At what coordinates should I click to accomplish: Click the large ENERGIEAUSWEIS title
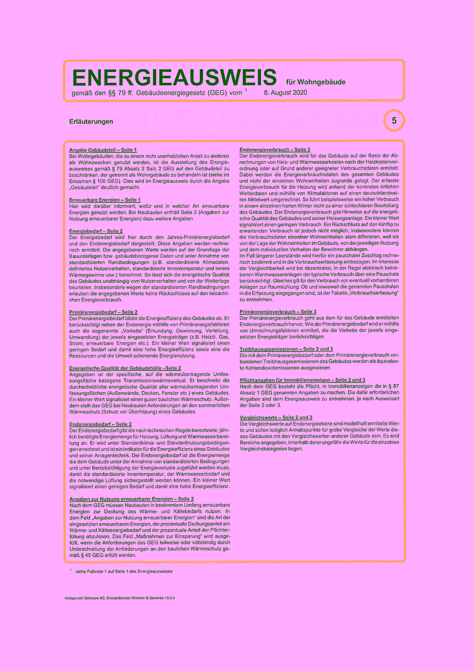(174, 78)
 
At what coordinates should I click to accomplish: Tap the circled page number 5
(394, 121)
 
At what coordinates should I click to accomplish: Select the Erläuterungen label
(91, 122)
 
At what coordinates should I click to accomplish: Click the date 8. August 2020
(285, 93)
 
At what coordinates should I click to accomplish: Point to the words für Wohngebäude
(316, 82)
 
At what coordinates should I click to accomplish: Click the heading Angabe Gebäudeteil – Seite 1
(103, 150)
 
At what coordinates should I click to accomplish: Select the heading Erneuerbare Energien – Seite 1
(105, 200)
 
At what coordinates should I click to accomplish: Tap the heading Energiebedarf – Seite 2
(96, 231)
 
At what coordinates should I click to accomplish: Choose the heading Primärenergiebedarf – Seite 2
(103, 312)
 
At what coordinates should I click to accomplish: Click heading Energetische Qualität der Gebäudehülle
(125, 368)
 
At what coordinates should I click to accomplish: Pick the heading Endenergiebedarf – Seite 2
(101, 424)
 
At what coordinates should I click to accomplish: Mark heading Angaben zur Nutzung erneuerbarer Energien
(131, 499)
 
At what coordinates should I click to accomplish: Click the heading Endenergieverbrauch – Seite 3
(275, 150)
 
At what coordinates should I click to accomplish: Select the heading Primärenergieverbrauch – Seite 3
(278, 312)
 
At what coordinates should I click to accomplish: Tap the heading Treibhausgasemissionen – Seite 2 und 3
(286, 349)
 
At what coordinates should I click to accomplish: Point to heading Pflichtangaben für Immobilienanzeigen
(302, 380)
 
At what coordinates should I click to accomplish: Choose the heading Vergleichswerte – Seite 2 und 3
(276, 418)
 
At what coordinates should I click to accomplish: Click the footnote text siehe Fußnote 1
(124, 571)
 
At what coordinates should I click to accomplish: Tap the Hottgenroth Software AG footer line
(120, 598)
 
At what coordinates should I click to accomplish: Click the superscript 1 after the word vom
(246, 90)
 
